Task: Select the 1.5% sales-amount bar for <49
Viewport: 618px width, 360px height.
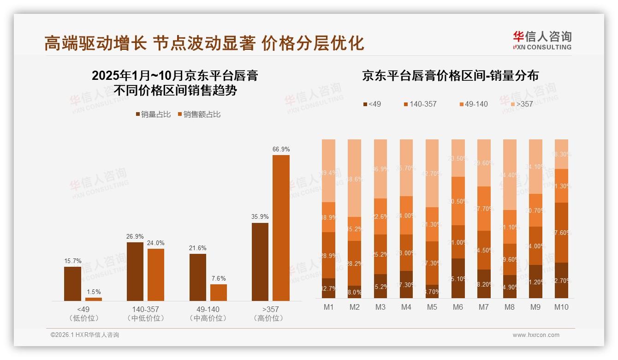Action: click(94, 299)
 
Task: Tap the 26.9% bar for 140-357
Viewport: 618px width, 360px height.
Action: click(135, 271)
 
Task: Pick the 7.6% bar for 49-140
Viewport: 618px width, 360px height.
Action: click(219, 292)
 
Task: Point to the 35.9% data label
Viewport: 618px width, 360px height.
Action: click(260, 216)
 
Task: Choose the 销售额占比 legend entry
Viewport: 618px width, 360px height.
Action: click(199, 114)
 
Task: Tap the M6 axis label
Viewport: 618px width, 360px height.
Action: click(458, 307)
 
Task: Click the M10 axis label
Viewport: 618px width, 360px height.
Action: click(561, 307)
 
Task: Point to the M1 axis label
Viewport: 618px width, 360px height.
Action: click(329, 307)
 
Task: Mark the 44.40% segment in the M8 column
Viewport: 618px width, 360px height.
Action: click(510, 174)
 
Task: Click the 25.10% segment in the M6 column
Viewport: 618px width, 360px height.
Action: click(458, 278)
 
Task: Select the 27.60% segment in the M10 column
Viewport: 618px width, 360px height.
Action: click(561, 233)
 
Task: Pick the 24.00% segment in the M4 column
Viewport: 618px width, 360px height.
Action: click(406, 215)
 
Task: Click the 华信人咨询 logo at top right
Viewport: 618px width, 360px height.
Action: click(542, 40)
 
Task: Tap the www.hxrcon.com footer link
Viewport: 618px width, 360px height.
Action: click(536, 335)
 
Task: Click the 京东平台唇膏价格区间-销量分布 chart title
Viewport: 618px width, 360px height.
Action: click(450, 76)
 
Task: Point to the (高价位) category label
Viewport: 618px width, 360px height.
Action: click(270, 318)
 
